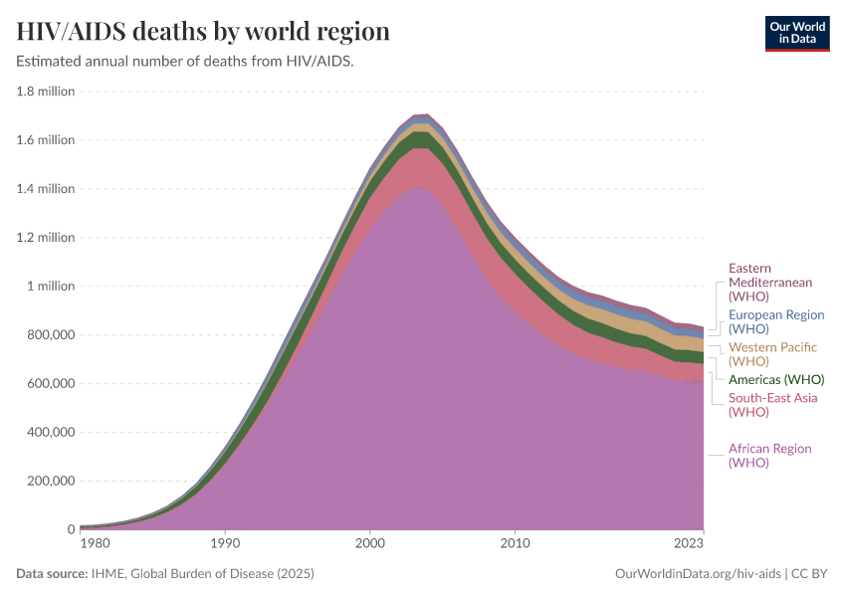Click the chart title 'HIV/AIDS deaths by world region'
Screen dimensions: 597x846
click(x=203, y=32)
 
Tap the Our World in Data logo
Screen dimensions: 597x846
click(x=796, y=33)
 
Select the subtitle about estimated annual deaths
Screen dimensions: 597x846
click(x=185, y=62)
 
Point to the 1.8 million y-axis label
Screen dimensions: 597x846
click(x=46, y=92)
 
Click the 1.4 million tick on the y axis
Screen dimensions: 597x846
click(x=46, y=189)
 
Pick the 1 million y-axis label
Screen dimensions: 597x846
click(x=50, y=287)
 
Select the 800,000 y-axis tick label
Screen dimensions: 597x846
click(x=48, y=335)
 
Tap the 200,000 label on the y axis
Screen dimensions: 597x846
click(x=48, y=481)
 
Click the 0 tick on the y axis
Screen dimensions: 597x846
click(x=71, y=529)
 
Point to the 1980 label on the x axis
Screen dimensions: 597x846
click(x=95, y=544)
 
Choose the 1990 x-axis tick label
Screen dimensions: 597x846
click(x=225, y=544)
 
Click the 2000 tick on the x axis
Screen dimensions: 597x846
click(x=369, y=544)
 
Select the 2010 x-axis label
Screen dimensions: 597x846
click(x=515, y=544)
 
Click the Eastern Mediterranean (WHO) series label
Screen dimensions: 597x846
click(x=769, y=283)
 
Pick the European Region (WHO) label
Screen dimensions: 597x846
click(x=776, y=321)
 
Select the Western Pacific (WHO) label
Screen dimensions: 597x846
click(x=772, y=354)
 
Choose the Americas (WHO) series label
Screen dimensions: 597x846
click(x=776, y=380)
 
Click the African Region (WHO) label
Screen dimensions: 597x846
click(x=769, y=456)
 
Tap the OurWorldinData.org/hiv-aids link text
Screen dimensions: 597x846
click(x=699, y=574)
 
